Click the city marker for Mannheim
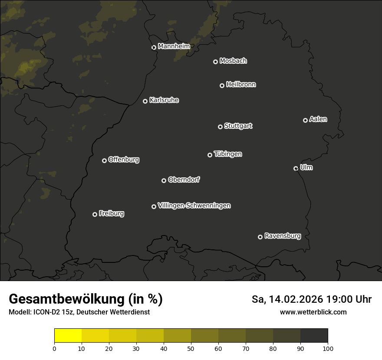coord(154,48)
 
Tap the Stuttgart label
coord(238,126)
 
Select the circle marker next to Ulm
coord(296,168)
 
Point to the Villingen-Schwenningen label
coord(194,206)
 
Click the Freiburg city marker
coord(95,214)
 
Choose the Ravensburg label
coord(282,236)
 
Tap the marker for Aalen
coord(305,120)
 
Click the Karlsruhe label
coord(164,100)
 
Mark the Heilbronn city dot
coord(222,85)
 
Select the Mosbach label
coord(233,61)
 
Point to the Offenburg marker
coord(104,160)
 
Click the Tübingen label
coord(227,154)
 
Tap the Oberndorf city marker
coord(164,180)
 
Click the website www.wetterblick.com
coord(313,312)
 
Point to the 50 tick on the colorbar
coord(191,348)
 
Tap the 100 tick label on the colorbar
coord(328,348)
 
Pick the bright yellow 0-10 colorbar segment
coord(68,336)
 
